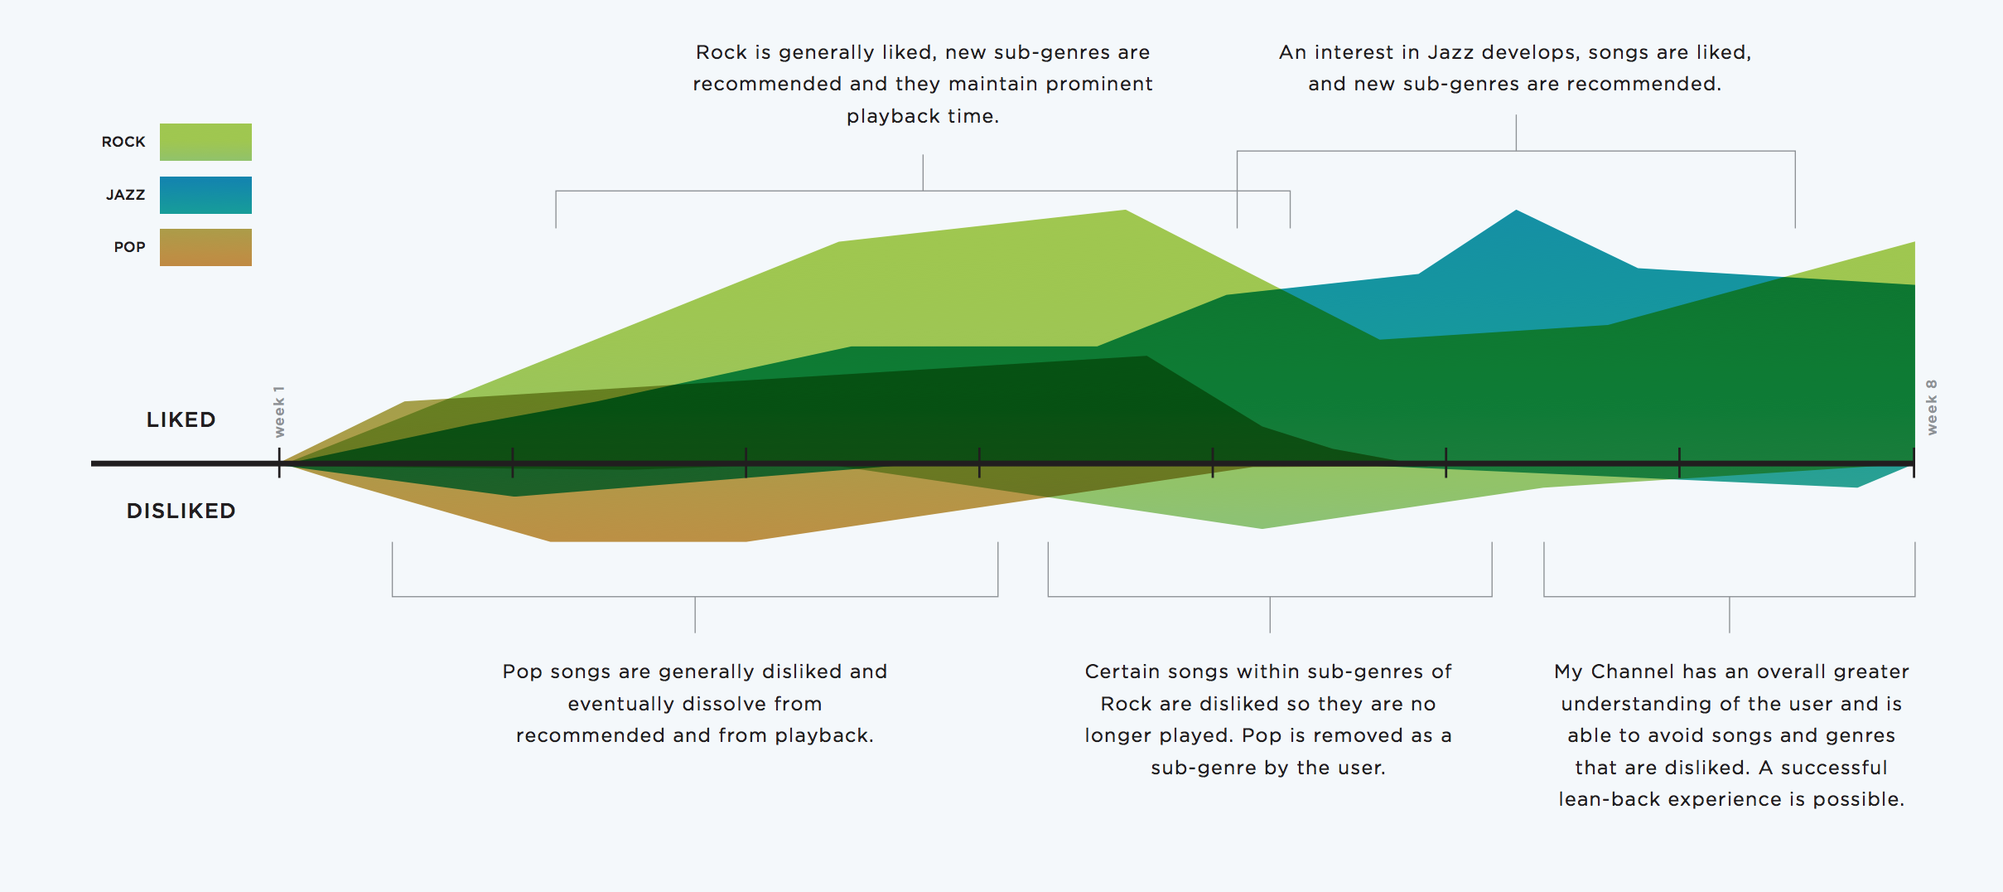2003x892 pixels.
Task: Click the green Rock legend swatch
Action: [205, 142]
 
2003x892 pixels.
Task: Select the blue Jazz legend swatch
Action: [205, 195]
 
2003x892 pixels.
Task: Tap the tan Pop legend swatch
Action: [205, 247]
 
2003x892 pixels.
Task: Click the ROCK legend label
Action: [123, 142]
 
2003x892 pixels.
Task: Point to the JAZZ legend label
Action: [125, 195]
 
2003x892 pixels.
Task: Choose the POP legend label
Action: [129, 247]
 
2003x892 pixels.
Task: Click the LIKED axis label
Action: [181, 419]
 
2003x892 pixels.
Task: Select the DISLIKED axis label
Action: [181, 511]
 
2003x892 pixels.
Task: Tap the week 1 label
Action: [279, 411]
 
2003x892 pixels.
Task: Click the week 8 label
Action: [1932, 407]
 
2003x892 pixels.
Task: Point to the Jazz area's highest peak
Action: [1516, 212]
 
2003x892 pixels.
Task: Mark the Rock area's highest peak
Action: [1124, 212]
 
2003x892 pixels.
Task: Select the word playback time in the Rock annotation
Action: [923, 116]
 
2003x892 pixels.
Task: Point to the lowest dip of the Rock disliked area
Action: [1262, 526]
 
